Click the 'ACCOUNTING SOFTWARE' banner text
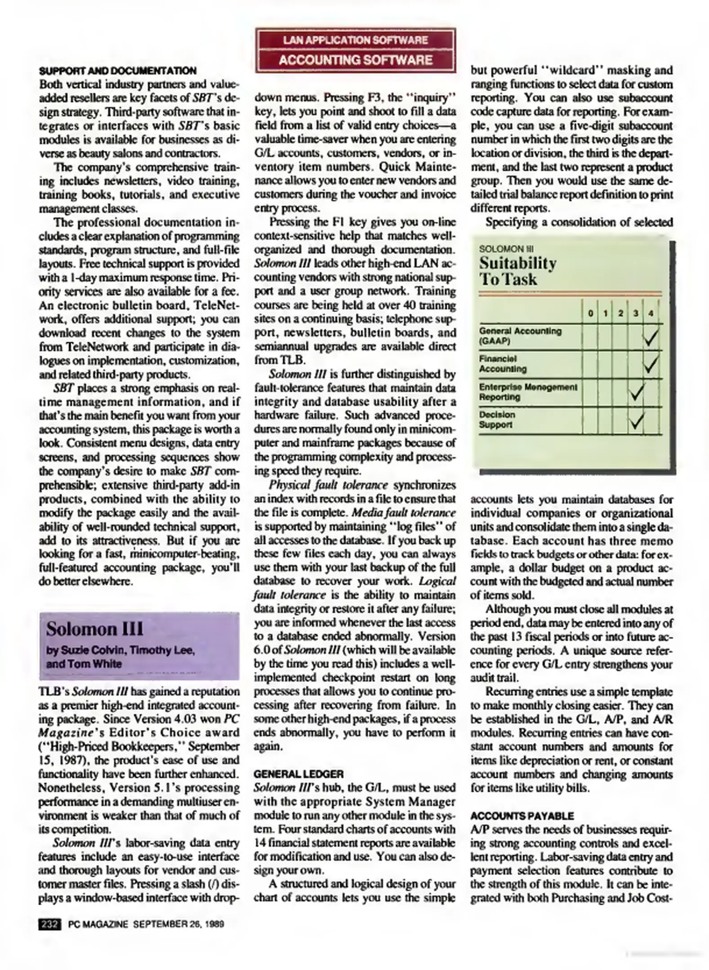(355, 60)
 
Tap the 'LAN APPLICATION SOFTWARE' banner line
(355, 40)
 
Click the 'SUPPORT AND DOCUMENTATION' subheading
(118, 71)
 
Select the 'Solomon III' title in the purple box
(94, 629)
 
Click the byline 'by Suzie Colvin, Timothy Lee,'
(120, 650)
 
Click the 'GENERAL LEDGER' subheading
(299, 774)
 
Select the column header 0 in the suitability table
(589, 313)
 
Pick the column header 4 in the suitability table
(651, 313)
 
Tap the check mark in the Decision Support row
(636, 421)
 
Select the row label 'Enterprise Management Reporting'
(528, 392)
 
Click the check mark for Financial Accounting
(651, 365)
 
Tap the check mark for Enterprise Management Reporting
(636, 393)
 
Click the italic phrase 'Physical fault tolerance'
(328, 485)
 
